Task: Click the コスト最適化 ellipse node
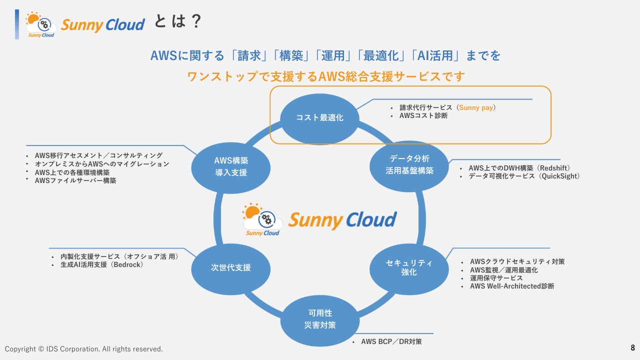pyautogui.click(x=319, y=118)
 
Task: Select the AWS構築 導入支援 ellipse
pyautogui.click(x=231, y=166)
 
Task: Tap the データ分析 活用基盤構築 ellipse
pyautogui.click(x=409, y=164)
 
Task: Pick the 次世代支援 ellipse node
pyautogui.click(x=230, y=267)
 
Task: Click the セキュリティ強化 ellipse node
pyautogui.click(x=408, y=268)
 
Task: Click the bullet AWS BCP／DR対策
pyautogui.click(x=391, y=342)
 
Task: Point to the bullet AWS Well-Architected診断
pyautogui.click(x=512, y=286)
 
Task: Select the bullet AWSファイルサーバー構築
pyautogui.click(x=75, y=180)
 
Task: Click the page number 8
pyautogui.click(x=632, y=347)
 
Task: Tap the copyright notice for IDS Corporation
pyautogui.click(x=84, y=349)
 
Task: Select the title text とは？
pyautogui.click(x=177, y=21)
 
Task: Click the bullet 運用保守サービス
pyautogui.click(x=496, y=278)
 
